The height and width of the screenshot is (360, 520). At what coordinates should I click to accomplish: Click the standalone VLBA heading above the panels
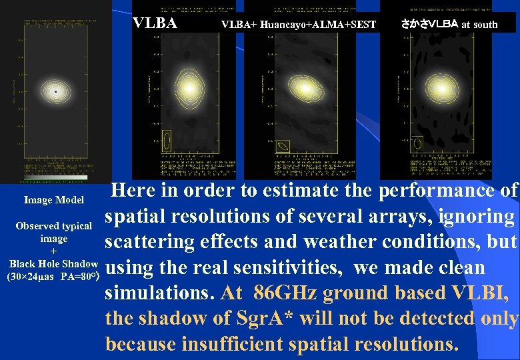[x=155, y=23]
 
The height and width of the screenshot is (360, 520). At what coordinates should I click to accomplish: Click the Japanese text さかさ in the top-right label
[x=413, y=24]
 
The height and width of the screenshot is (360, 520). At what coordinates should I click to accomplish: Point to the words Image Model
[x=54, y=200]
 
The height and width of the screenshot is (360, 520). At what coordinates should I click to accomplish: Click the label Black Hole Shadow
[x=53, y=263]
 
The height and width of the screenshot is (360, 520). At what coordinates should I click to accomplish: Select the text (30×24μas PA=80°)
[x=53, y=276]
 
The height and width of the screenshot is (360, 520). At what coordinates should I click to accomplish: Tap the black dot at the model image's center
[x=57, y=90]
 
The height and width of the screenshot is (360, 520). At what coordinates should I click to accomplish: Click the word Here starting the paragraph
[x=134, y=191]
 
